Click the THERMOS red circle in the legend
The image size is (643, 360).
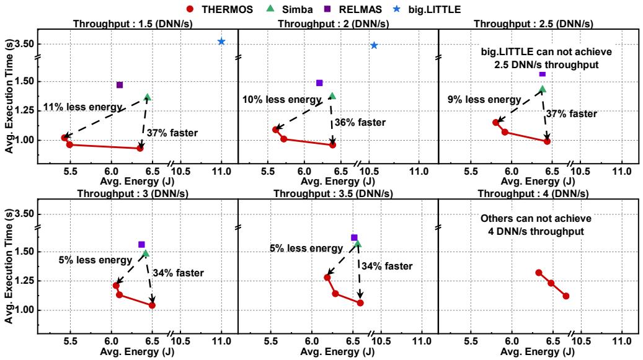(x=190, y=9)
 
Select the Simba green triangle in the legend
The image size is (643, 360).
(x=270, y=9)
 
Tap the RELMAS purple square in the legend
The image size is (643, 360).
(x=327, y=9)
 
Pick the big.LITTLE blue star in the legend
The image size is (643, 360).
(x=397, y=9)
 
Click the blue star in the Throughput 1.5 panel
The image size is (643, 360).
(x=221, y=42)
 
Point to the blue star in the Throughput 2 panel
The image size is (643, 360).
(x=374, y=45)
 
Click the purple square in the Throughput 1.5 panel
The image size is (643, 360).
(x=120, y=85)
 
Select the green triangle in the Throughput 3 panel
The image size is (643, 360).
(x=146, y=253)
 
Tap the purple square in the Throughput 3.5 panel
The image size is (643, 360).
(x=354, y=237)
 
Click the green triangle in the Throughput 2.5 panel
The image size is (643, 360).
(x=543, y=89)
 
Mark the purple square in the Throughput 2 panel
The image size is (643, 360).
(x=319, y=83)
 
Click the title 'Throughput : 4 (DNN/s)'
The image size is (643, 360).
(x=533, y=193)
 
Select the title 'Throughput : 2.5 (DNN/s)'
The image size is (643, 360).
(x=533, y=24)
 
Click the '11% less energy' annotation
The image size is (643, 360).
(x=83, y=107)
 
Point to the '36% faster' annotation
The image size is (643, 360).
(x=360, y=123)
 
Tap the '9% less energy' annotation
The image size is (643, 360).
(x=484, y=100)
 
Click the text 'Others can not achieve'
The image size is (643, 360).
(x=536, y=218)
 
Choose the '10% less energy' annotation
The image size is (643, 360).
(x=282, y=100)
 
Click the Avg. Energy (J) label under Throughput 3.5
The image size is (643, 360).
(x=337, y=351)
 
